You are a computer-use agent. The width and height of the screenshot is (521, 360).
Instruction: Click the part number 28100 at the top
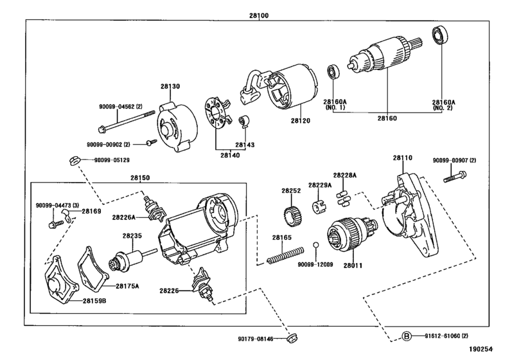tap(259, 15)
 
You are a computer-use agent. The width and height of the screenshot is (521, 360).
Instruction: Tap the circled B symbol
tap(407, 336)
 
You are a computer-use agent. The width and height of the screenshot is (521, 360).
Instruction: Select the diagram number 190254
tap(481, 349)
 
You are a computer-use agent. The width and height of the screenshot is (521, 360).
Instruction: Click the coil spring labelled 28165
tap(285, 255)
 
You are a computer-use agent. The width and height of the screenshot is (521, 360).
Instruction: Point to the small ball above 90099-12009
tap(315, 245)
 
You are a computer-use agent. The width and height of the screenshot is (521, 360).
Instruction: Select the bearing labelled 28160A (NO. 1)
tap(333, 72)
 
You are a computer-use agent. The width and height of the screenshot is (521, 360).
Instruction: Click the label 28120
tap(301, 121)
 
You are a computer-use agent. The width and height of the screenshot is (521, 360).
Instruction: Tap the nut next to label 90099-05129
tap(74, 160)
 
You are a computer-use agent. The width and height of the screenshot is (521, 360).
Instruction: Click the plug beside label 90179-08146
tap(292, 337)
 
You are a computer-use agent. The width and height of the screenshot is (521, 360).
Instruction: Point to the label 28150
tap(140, 178)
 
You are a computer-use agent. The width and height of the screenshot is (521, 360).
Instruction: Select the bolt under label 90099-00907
tap(455, 177)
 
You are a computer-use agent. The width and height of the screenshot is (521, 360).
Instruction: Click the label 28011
tap(353, 265)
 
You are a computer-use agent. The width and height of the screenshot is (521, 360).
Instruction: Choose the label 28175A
tap(127, 286)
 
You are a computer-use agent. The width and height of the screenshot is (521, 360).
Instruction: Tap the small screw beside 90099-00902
tap(152, 143)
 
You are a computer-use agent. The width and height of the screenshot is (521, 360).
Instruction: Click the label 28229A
tap(320, 185)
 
